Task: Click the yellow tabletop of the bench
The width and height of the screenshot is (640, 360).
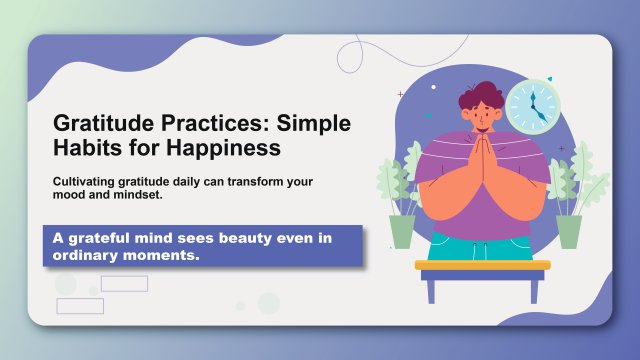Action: [x=482, y=265]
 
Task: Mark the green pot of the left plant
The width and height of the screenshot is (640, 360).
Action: [x=401, y=231]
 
